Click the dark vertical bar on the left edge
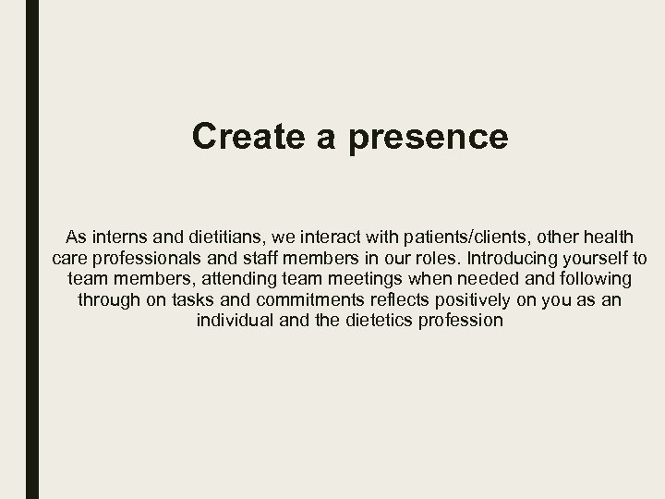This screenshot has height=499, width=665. (x=32, y=249)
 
